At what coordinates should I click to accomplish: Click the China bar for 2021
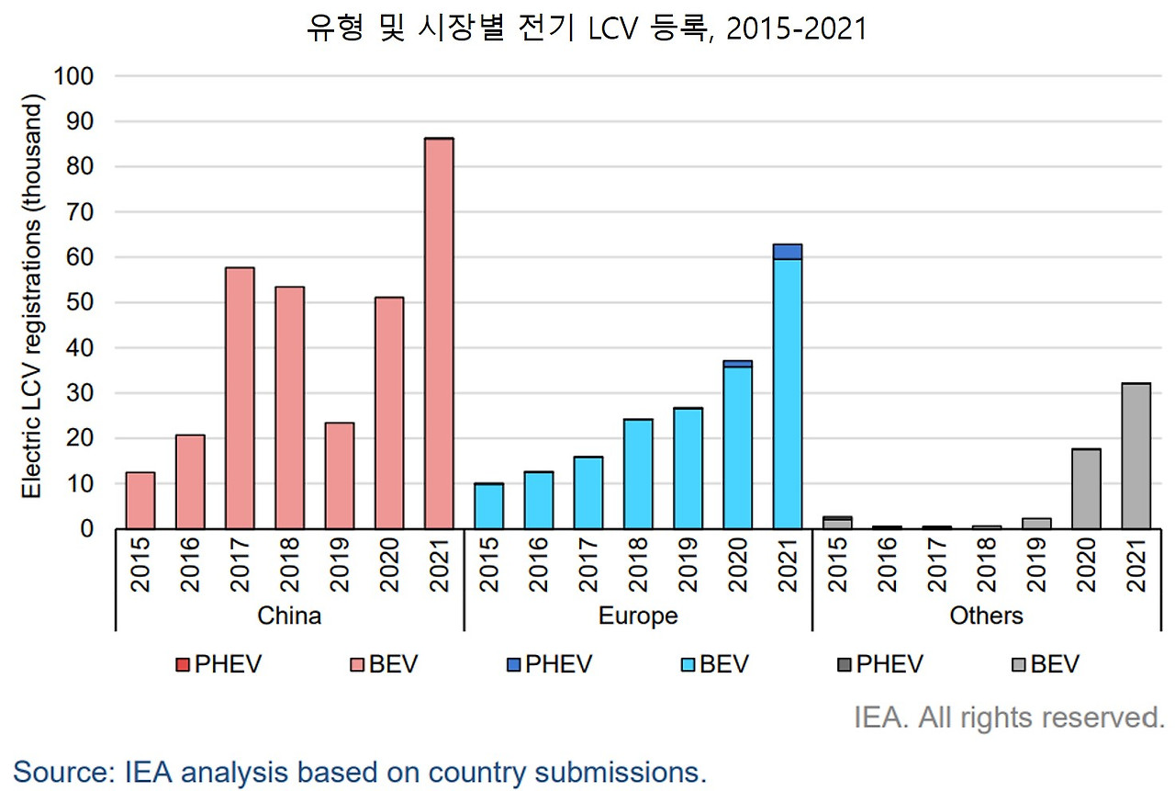(x=438, y=333)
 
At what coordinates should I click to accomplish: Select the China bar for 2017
(x=240, y=398)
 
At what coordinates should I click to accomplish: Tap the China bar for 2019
(x=339, y=475)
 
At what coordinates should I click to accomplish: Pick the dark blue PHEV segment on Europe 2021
(x=787, y=252)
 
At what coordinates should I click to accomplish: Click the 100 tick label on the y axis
(x=74, y=76)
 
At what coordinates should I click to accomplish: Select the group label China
(x=289, y=616)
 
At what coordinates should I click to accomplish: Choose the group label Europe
(x=638, y=616)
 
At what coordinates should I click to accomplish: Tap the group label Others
(x=986, y=616)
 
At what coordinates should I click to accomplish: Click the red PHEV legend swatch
(x=182, y=664)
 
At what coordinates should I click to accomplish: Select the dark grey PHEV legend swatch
(x=844, y=664)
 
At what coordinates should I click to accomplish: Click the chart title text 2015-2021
(x=796, y=29)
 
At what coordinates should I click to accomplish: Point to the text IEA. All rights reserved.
(x=1009, y=718)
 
